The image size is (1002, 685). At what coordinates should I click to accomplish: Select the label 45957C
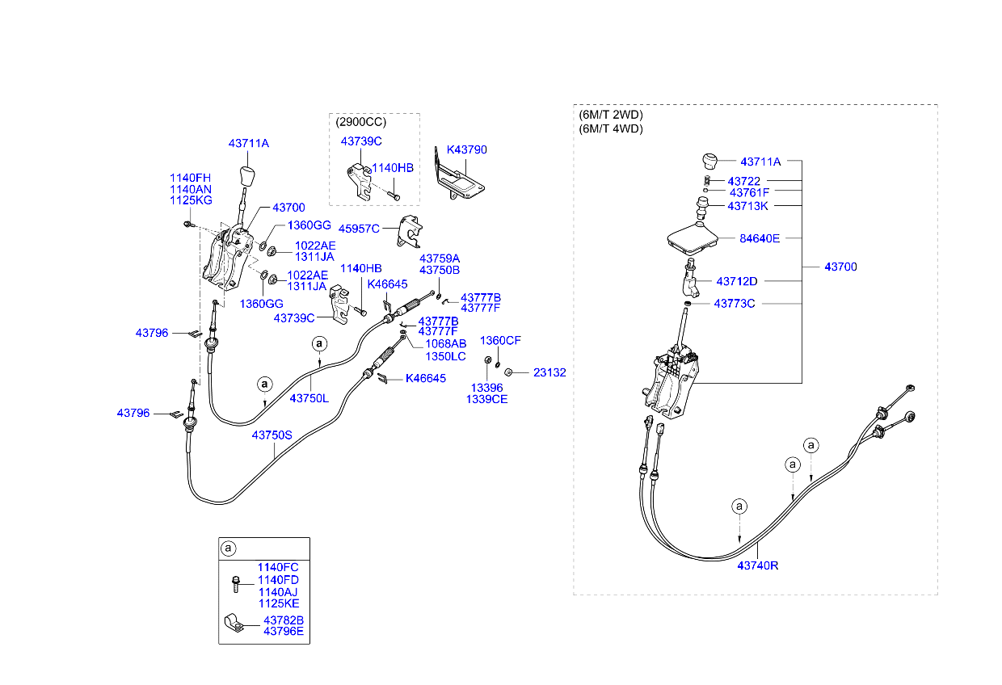[x=358, y=229]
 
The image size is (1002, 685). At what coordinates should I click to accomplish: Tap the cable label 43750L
[x=309, y=398]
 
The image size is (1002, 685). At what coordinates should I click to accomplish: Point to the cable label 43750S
[x=272, y=435]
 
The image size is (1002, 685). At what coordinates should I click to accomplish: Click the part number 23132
[x=549, y=373]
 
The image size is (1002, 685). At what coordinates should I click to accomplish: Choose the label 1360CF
[x=501, y=341]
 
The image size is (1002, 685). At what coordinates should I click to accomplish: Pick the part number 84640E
[x=760, y=238]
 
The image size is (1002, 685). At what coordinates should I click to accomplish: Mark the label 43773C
[x=734, y=304]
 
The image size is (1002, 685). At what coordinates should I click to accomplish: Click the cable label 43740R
[x=757, y=566]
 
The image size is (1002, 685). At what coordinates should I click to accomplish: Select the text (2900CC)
[x=361, y=122]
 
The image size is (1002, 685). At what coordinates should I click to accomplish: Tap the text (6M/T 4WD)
[x=611, y=128]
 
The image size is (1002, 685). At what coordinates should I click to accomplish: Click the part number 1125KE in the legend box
[x=278, y=603]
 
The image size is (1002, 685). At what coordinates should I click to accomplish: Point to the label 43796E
[x=283, y=632]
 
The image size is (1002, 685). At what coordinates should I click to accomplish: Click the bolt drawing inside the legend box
[x=236, y=583]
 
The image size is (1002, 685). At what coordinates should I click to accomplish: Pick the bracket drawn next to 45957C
[x=410, y=232]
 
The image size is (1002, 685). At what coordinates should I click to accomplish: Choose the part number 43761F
[x=749, y=193]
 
